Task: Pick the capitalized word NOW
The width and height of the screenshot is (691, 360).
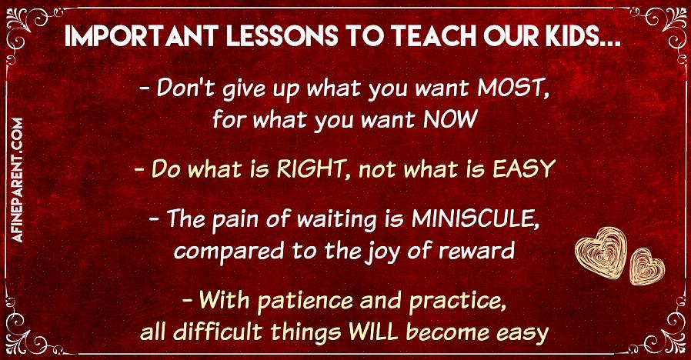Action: pos(450,119)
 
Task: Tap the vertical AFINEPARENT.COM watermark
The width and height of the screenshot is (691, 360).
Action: pos(18,180)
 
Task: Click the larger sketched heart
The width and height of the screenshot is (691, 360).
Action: pos(601,252)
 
